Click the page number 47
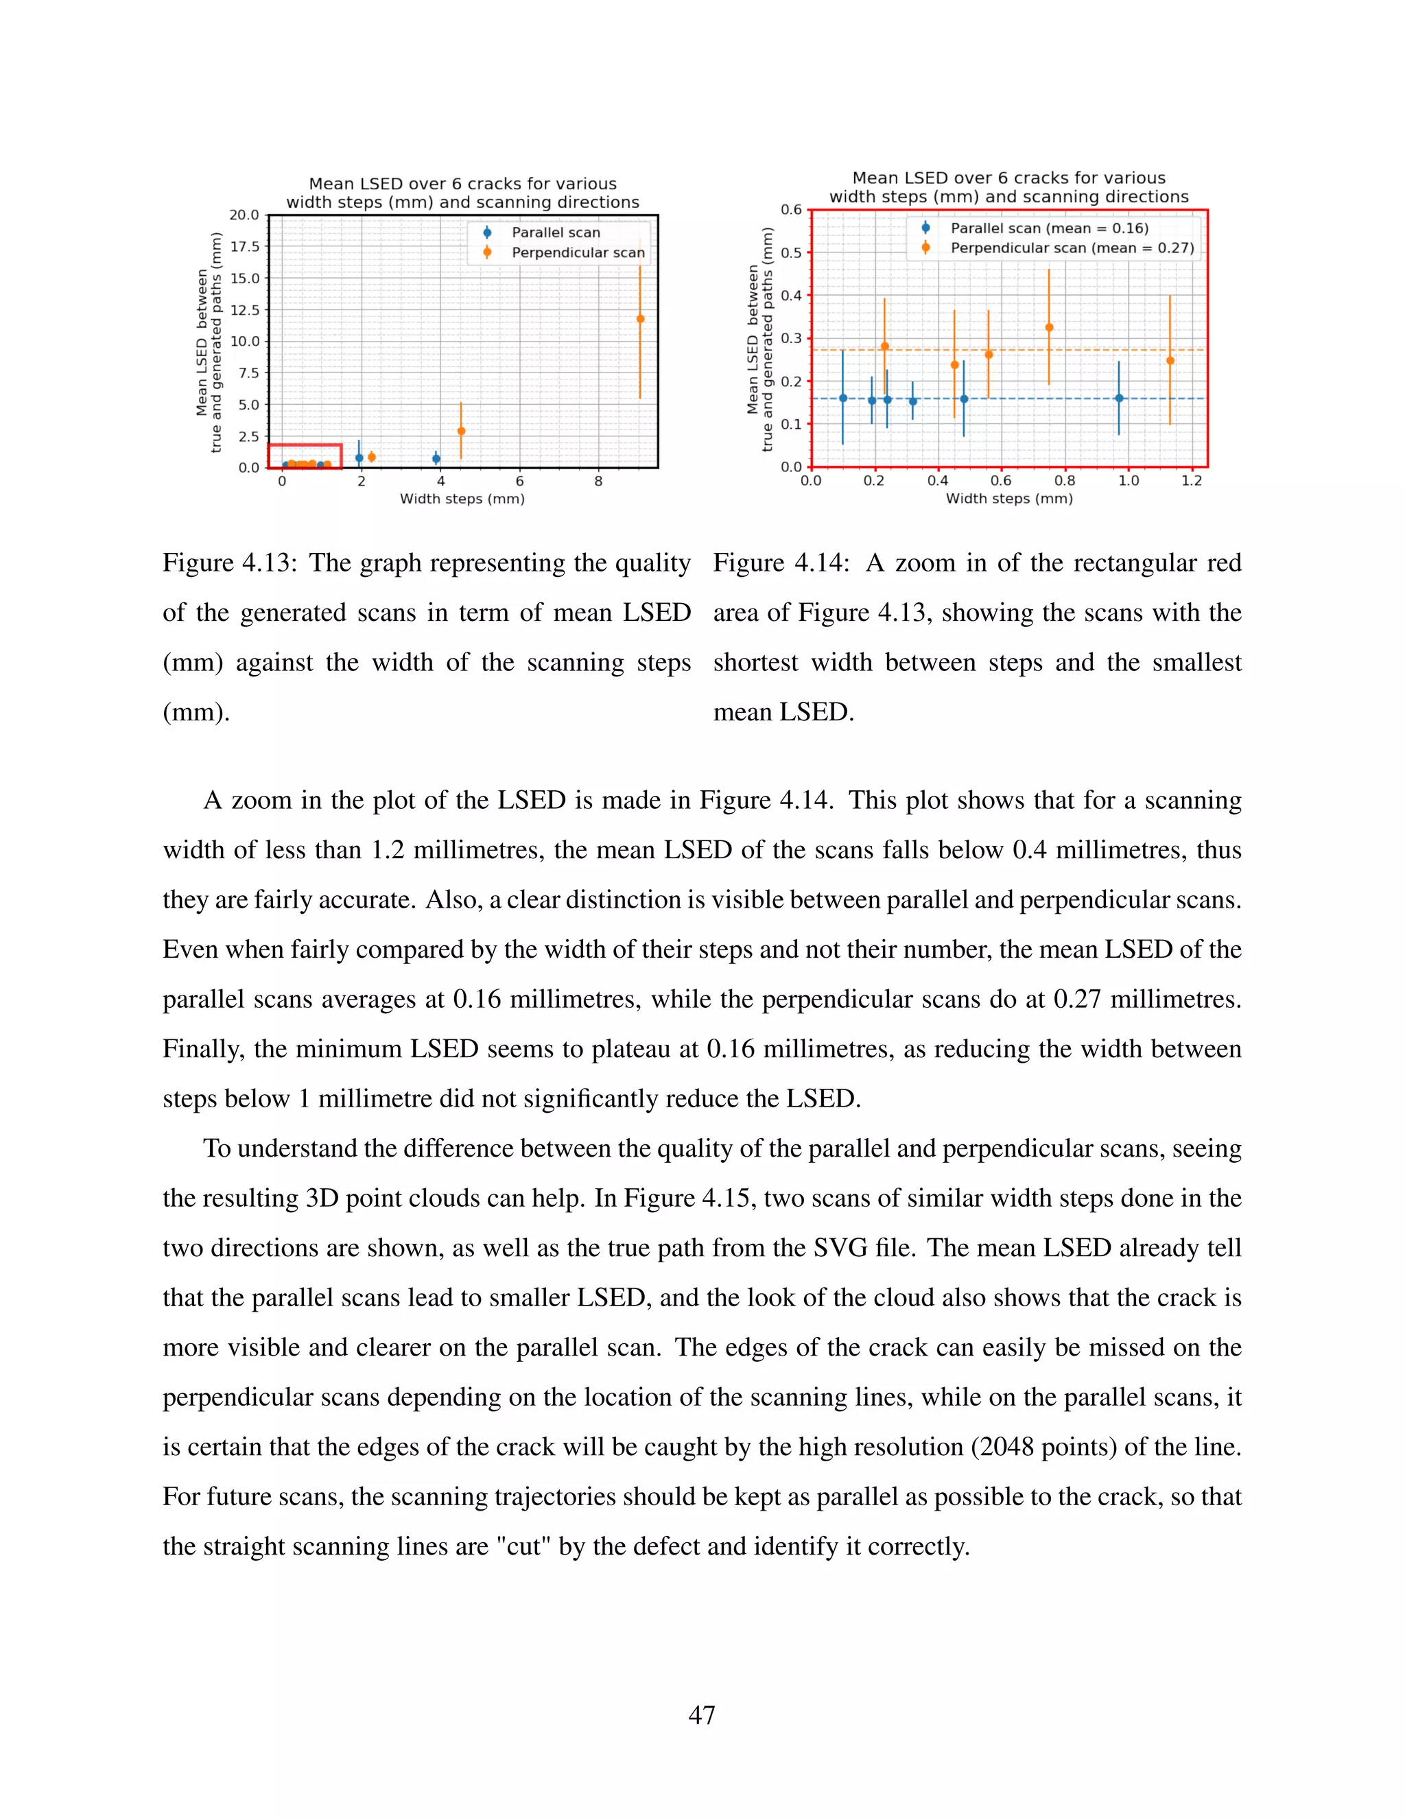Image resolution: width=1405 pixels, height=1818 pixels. click(x=702, y=1715)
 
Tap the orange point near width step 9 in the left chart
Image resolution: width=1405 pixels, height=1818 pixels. click(x=640, y=319)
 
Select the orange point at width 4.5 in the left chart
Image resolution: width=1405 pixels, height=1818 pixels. click(x=461, y=432)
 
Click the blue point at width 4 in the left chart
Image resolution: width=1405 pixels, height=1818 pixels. click(x=436, y=459)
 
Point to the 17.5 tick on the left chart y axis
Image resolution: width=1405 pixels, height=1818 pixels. click(x=245, y=246)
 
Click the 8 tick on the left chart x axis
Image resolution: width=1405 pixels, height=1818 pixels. click(x=598, y=481)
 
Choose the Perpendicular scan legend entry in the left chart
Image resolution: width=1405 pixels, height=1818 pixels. click(x=577, y=252)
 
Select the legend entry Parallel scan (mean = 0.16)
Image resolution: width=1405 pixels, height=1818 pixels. click(x=1049, y=228)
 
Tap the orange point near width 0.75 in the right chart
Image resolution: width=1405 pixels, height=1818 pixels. click(x=1049, y=328)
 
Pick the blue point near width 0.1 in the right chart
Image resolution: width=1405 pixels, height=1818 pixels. click(x=843, y=399)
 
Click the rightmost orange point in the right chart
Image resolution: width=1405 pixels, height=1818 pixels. click(x=1170, y=360)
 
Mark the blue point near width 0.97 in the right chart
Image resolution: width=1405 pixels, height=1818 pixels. click(x=1120, y=399)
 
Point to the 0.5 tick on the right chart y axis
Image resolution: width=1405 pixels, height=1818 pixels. click(x=791, y=253)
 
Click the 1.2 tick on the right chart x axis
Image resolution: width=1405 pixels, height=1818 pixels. click(x=1191, y=481)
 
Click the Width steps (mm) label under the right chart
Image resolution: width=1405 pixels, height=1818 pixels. click(x=1008, y=499)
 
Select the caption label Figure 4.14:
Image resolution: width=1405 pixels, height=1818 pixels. click(x=781, y=563)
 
